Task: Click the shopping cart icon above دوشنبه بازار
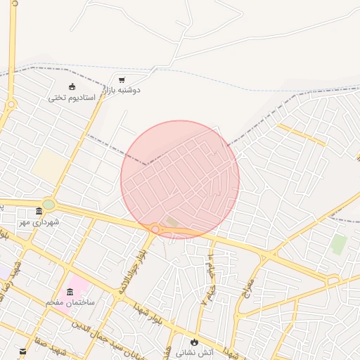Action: tap(122, 80)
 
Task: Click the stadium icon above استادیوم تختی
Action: tap(72, 86)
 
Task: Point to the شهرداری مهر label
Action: tap(39, 222)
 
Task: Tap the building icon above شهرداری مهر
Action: tap(39, 212)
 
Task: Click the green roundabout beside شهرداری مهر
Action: tap(48, 205)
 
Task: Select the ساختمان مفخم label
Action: tap(70, 302)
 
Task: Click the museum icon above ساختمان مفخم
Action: tap(70, 292)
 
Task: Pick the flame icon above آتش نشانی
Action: tap(193, 342)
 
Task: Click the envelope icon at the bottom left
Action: tap(22, 351)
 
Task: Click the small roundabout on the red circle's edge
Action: tap(154, 229)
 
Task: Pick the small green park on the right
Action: tap(339, 245)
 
